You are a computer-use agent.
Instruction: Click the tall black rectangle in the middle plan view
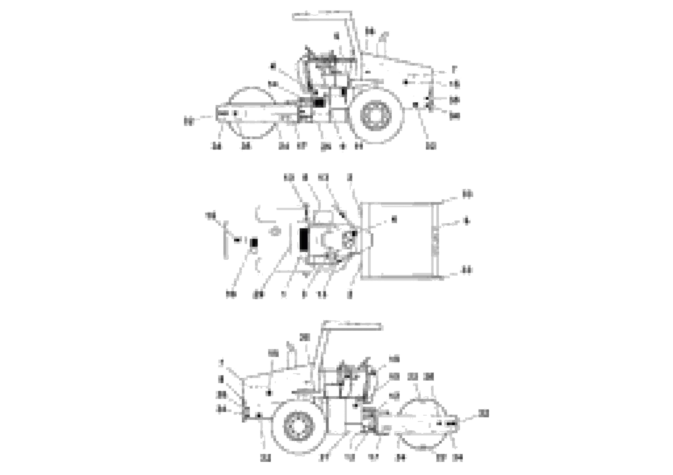click(304, 240)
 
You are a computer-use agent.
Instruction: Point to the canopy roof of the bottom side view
click(352, 325)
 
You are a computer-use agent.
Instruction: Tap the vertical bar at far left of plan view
click(226, 240)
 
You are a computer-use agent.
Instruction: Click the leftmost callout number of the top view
click(189, 121)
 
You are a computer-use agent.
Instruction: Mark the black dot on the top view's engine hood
click(406, 83)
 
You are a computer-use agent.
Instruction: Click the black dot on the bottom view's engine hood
click(268, 393)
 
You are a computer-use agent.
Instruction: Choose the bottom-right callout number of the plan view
click(467, 270)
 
